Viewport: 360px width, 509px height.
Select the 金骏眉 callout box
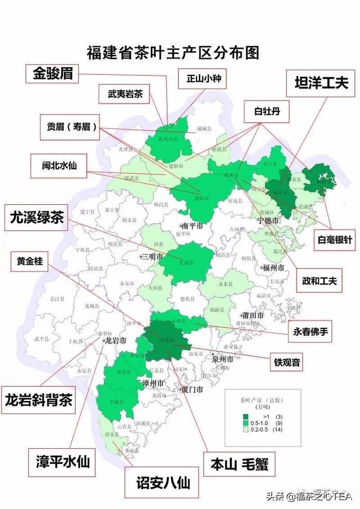55,73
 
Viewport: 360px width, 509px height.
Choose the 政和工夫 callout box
318,280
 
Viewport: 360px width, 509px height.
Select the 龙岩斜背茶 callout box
38,400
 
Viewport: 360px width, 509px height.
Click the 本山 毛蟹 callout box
239,465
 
